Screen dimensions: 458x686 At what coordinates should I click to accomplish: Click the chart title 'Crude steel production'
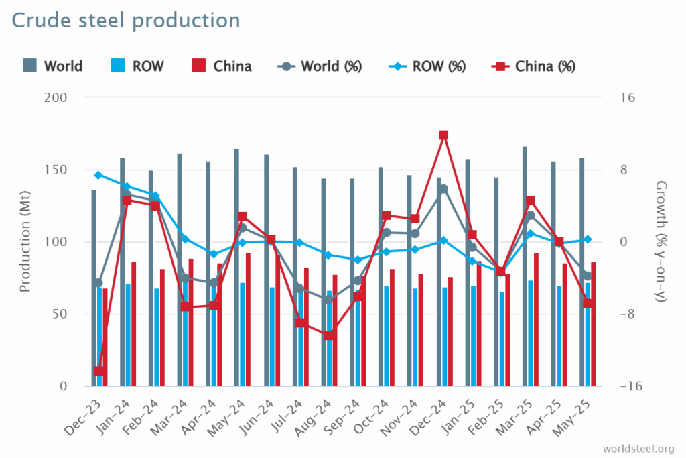click(125, 21)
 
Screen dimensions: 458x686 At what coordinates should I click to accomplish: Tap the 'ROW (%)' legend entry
click(438, 66)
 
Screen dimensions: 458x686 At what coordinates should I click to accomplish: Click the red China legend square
click(199, 66)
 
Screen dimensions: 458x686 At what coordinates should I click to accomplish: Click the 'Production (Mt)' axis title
click(25, 242)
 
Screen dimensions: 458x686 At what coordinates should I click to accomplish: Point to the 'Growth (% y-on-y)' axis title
click(661, 242)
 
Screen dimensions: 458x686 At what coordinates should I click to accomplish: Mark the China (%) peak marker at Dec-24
click(443, 135)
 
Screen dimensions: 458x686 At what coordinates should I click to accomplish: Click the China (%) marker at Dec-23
click(99, 371)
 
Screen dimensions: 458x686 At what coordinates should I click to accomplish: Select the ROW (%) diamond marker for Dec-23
click(99, 175)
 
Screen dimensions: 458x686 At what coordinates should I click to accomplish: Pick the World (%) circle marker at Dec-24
click(443, 189)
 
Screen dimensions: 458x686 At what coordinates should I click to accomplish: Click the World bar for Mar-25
click(525, 268)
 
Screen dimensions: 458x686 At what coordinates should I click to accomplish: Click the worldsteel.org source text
click(638, 448)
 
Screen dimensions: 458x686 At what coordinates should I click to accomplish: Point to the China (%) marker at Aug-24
click(329, 335)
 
